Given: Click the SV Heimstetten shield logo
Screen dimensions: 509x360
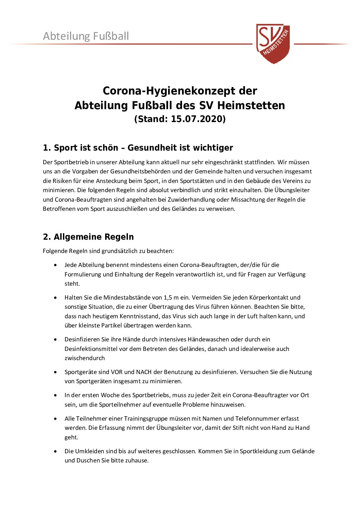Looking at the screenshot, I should click(273, 43).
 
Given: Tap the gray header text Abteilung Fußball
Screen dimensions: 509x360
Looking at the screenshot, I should click(86, 36).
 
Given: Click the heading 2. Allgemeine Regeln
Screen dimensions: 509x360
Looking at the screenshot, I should click(88, 237).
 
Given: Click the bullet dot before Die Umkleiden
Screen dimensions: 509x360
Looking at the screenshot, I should click(55, 451).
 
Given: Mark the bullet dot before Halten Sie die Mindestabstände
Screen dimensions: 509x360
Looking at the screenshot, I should click(55, 298).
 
